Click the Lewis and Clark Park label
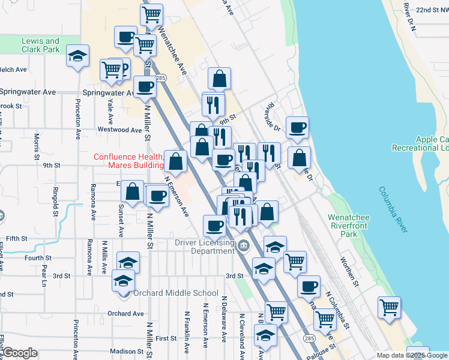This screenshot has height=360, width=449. tap(41, 45)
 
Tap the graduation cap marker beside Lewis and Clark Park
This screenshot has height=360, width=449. tap(78, 56)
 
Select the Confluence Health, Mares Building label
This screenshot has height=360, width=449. tap(128, 161)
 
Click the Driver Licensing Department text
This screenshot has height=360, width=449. tap(203, 247)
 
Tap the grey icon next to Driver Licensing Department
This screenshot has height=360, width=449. tap(244, 245)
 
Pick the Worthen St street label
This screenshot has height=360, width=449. tap(349, 271)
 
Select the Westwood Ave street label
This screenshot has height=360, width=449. tap(119, 130)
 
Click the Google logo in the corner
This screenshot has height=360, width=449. tap(19, 353)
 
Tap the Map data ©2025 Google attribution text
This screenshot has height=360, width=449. tap(412, 355)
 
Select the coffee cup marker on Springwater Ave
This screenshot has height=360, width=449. tap(145, 87)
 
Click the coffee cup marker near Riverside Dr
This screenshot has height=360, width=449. tap(298, 127)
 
